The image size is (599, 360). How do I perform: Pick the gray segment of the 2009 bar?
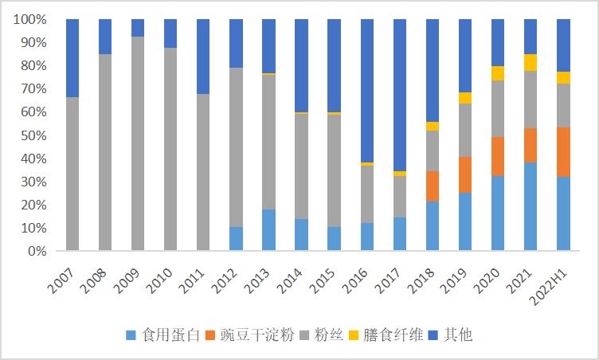(x=138, y=143)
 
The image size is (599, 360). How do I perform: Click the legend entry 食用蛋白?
(x=162, y=335)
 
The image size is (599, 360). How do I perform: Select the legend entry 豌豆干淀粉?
(x=249, y=335)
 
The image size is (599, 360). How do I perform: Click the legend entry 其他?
(x=452, y=335)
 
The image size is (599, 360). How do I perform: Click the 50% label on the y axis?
(x=33, y=135)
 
